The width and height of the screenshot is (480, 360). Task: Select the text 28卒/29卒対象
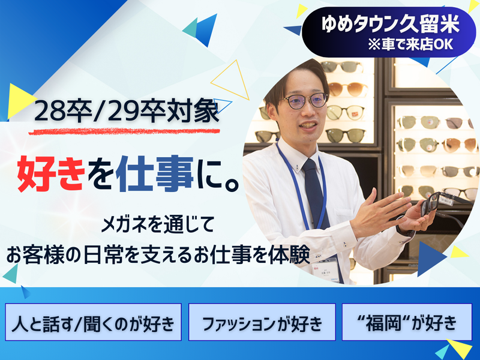coord(127,112)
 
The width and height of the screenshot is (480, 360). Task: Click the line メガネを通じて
coord(158,227)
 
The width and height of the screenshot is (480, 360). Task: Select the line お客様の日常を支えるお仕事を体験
coord(158,254)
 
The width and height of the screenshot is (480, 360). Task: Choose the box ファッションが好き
coord(262,323)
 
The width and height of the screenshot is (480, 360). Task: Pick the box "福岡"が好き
coord(404,323)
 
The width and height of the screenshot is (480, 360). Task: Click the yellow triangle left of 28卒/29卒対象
coord(20,99)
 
